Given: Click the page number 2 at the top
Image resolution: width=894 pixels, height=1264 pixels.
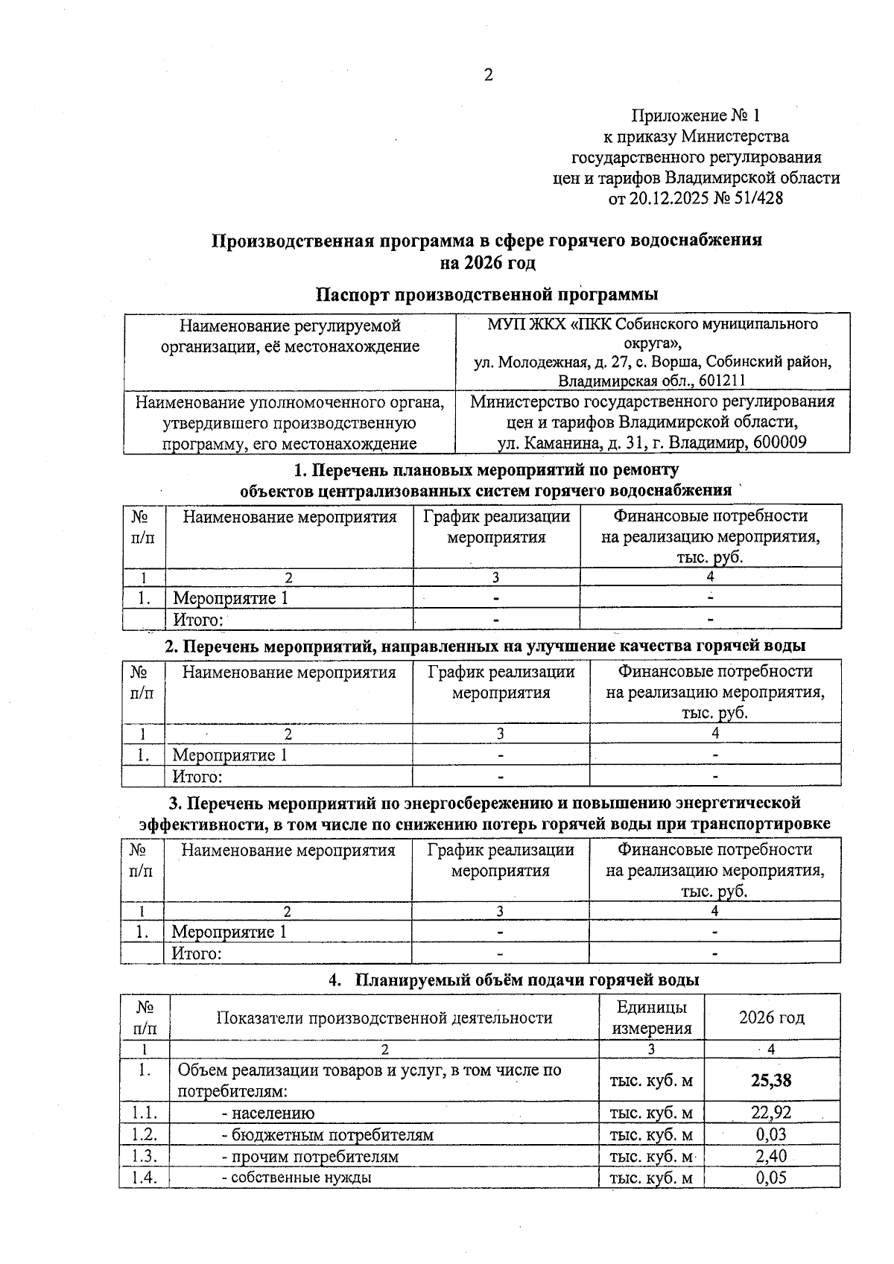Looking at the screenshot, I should point(488,75).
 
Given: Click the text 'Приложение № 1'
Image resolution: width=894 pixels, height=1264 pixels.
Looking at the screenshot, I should point(696,115).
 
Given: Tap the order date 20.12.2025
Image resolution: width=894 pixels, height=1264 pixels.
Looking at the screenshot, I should point(670,198).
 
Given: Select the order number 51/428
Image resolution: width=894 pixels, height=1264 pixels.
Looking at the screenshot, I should point(758,198).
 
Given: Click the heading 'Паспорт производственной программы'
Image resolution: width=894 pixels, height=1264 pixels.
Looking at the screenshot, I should point(487,294).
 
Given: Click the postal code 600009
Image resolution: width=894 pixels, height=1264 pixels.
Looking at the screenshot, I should point(780,443).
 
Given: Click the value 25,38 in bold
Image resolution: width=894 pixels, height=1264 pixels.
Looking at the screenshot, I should point(771,1080).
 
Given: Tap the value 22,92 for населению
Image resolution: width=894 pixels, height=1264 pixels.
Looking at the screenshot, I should point(771,1114).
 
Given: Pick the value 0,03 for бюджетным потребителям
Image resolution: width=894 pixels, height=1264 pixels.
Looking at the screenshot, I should point(771,1135).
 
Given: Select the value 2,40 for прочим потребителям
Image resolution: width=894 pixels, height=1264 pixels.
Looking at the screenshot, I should point(771,1157).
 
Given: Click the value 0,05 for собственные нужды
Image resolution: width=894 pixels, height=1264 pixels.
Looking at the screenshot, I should point(771,1178).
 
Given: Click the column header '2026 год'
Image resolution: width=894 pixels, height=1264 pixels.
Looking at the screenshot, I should point(771,1017).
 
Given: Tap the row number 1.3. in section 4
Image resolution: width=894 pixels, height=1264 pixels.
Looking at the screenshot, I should point(145,1157).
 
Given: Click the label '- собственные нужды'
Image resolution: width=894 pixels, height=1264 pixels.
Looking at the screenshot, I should point(297,1178).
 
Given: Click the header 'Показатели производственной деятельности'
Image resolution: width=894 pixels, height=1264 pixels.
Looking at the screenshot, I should point(384,1018).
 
